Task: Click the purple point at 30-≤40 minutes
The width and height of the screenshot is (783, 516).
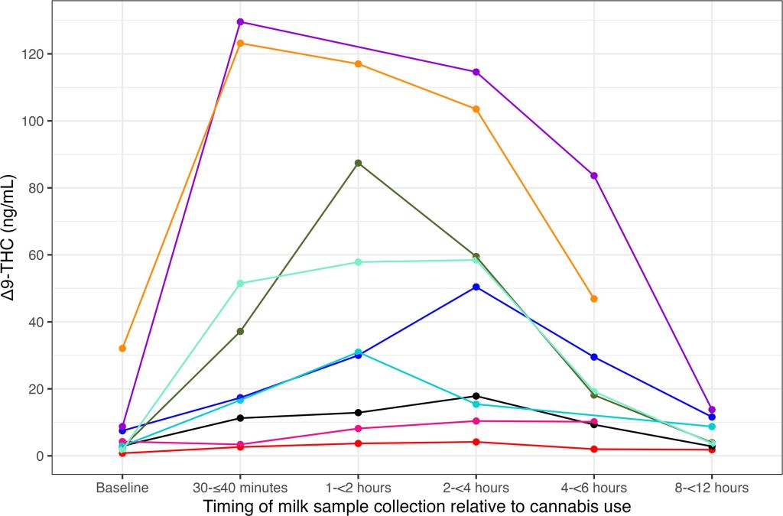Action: coord(240,21)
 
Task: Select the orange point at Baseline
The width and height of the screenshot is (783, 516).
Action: coord(122,349)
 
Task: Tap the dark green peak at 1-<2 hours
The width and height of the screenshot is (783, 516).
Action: coord(358,163)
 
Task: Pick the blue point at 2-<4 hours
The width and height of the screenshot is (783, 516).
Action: coord(476,287)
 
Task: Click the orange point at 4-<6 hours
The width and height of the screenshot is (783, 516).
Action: coord(594,299)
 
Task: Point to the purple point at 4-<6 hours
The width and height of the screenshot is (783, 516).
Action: coord(594,176)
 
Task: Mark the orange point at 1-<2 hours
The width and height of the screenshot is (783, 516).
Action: coord(358,63)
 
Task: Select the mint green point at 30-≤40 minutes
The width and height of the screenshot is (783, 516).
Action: coord(240,284)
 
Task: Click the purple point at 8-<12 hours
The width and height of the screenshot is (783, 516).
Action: coord(712,410)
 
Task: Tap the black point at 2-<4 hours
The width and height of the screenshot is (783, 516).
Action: coord(476,396)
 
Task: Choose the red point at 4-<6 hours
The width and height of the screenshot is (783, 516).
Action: coord(594,449)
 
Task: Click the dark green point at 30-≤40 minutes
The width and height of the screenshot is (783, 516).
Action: coord(240,331)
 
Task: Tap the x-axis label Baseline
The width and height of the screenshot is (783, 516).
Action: coord(122,487)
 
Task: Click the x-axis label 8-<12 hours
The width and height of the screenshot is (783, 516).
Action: coord(712,487)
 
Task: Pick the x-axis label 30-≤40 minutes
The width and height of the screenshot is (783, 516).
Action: coord(240,487)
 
